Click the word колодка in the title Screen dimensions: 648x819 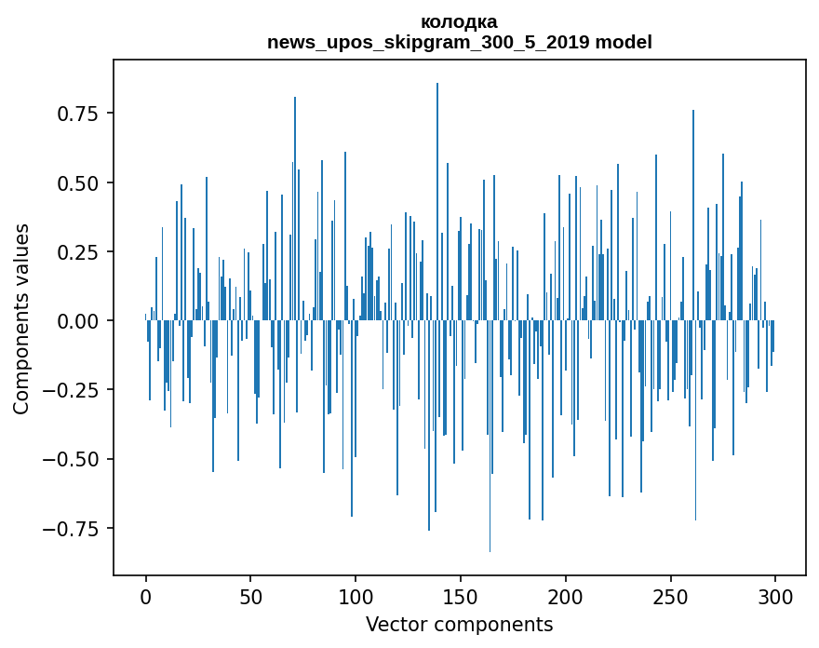point(459,21)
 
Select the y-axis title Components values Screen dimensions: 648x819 point(21,318)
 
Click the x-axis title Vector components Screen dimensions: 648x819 point(459,625)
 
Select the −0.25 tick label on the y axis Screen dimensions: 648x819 point(74,390)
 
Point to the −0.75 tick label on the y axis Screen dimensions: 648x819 point(74,529)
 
